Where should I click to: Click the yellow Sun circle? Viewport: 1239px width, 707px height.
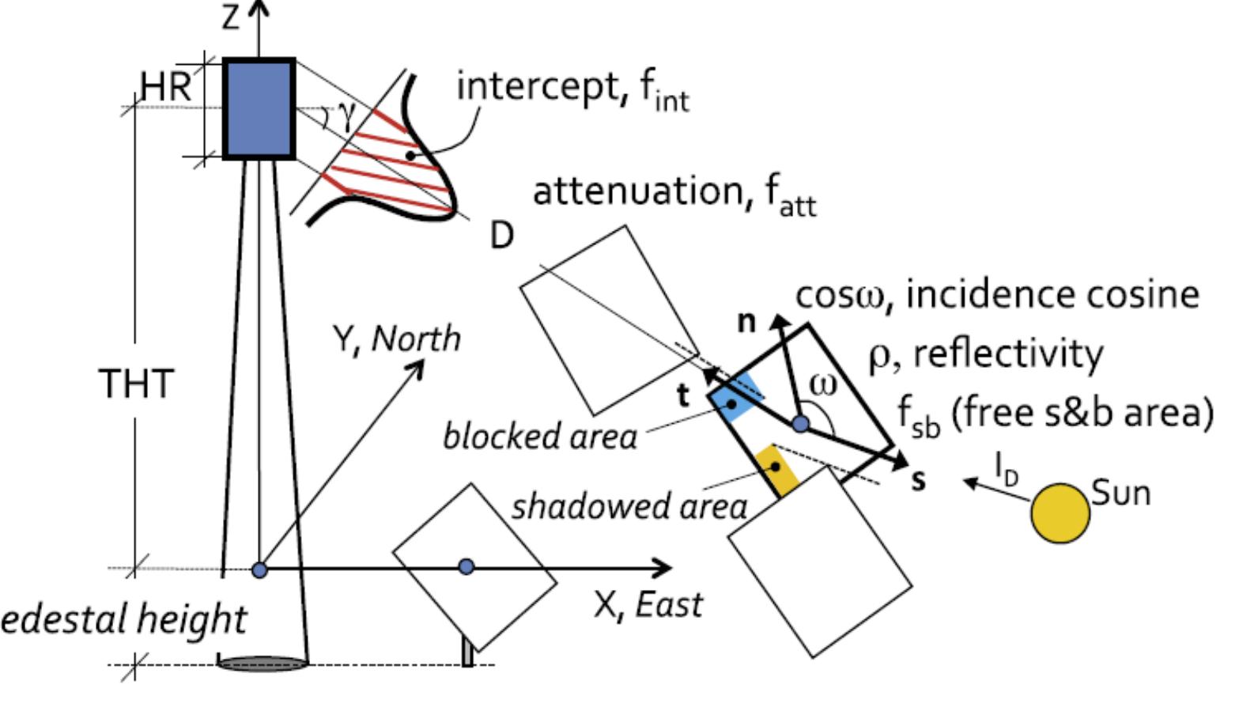[x=1060, y=513]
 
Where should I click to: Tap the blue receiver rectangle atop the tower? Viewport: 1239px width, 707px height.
[x=259, y=109]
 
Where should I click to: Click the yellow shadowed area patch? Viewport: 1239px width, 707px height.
[x=776, y=470]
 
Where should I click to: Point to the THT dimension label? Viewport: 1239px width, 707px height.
[x=135, y=384]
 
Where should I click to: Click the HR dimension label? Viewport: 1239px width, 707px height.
[x=166, y=86]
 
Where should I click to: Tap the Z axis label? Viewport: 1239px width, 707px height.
[x=230, y=17]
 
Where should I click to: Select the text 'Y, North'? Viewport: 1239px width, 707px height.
[x=396, y=338]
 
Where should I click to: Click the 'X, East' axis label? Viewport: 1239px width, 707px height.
[x=648, y=605]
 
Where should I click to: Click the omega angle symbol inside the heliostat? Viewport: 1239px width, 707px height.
[x=823, y=385]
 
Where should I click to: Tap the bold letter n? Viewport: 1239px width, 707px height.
[x=746, y=322]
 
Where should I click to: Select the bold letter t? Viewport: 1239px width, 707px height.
[x=684, y=396]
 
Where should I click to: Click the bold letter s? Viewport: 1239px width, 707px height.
[x=918, y=480]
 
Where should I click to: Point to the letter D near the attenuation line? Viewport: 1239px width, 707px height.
[x=502, y=235]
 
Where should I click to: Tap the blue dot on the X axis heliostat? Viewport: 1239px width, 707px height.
[x=467, y=566]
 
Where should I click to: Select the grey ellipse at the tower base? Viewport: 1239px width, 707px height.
[x=263, y=664]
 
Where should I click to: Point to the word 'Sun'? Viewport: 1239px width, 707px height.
[x=1121, y=493]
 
